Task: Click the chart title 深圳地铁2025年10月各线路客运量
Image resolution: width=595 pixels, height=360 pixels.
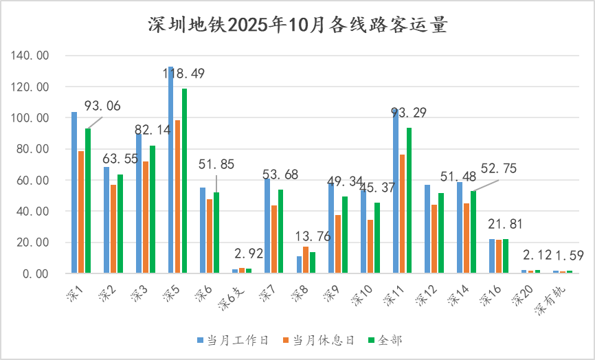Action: [x=297, y=25]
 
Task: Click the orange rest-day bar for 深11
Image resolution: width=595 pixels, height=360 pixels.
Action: [x=402, y=214]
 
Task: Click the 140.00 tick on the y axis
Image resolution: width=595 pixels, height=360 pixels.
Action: [x=31, y=56]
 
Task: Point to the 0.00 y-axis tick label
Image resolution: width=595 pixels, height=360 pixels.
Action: [x=36, y=273]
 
